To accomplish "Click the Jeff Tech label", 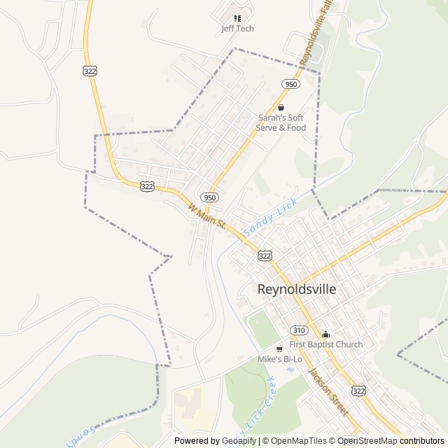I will tap(237, 29).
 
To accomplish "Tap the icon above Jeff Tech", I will tap(237, 18).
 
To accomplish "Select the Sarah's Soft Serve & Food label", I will tap(281, 122).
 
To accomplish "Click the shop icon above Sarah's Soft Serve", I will tap(281, 107).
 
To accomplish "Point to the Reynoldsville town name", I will tap(297, 288).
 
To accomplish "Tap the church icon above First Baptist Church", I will tap(325, 334).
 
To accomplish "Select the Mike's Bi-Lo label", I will tap(280, 359).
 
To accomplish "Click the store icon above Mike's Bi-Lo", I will tap(279, 349).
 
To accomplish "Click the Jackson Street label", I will tap(328, 392).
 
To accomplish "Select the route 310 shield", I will tap(300, 330).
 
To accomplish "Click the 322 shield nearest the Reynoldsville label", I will tap(264, 256).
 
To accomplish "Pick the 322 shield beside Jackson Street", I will tap(358, 390).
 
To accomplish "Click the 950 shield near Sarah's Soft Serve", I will tap(291, 84).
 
